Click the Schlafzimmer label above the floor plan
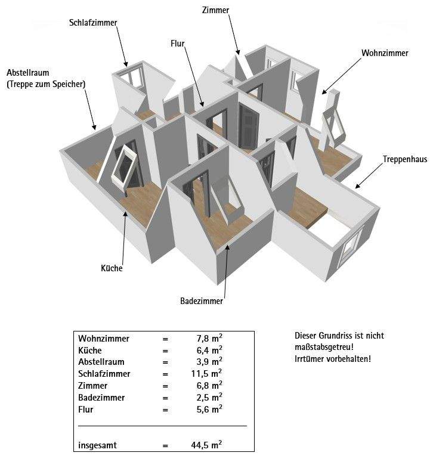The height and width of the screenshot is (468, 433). pyautogui.click(x=93, y=23)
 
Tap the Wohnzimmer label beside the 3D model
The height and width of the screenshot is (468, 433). pyautogui.click(x=385, y=53)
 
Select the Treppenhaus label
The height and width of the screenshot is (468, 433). pyautogui.click(x=405, y=159)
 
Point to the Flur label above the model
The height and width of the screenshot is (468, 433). pyautogui.click(x=177, y=44)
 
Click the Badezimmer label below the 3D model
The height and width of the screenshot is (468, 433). pyautogui.click(x=202, y=301)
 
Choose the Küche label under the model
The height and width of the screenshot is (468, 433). pyautogui.click(x=112, y=268)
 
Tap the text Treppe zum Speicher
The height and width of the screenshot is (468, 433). pyautogui.click(x=46, y=84)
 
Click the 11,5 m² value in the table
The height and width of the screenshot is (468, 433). pyautogui.click(x=206, y=373)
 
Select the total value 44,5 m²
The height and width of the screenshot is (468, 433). pyautogui.click(x=206, y=445)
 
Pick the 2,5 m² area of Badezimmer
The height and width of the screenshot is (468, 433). pyautogui.click(x=209, y=397)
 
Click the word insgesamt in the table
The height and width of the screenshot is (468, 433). pyautogui.click(x=97, y=445)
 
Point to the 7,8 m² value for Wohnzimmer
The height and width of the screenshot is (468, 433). pyautogui.click(x=209, y=338)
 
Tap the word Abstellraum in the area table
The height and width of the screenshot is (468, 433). pyautogui.click(x=101, y=362)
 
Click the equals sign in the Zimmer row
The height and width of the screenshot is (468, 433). pyautogui.click(x=165, y=386)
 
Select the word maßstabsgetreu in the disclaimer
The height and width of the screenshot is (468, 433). pyautogui.click(x=324, y=348)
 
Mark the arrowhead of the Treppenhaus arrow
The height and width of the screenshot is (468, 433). pyautogui.click(x=357, y=186)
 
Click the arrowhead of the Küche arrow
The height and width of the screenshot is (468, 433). pyautogui.click(x=126, y=214)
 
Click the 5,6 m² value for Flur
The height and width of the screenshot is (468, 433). pyautogui.click(x=209, y=409)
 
